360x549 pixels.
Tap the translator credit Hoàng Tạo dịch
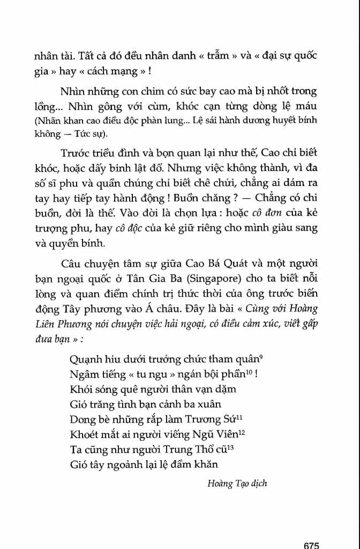tap(237, 484)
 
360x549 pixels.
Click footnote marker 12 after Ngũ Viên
tap(242, 432)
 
